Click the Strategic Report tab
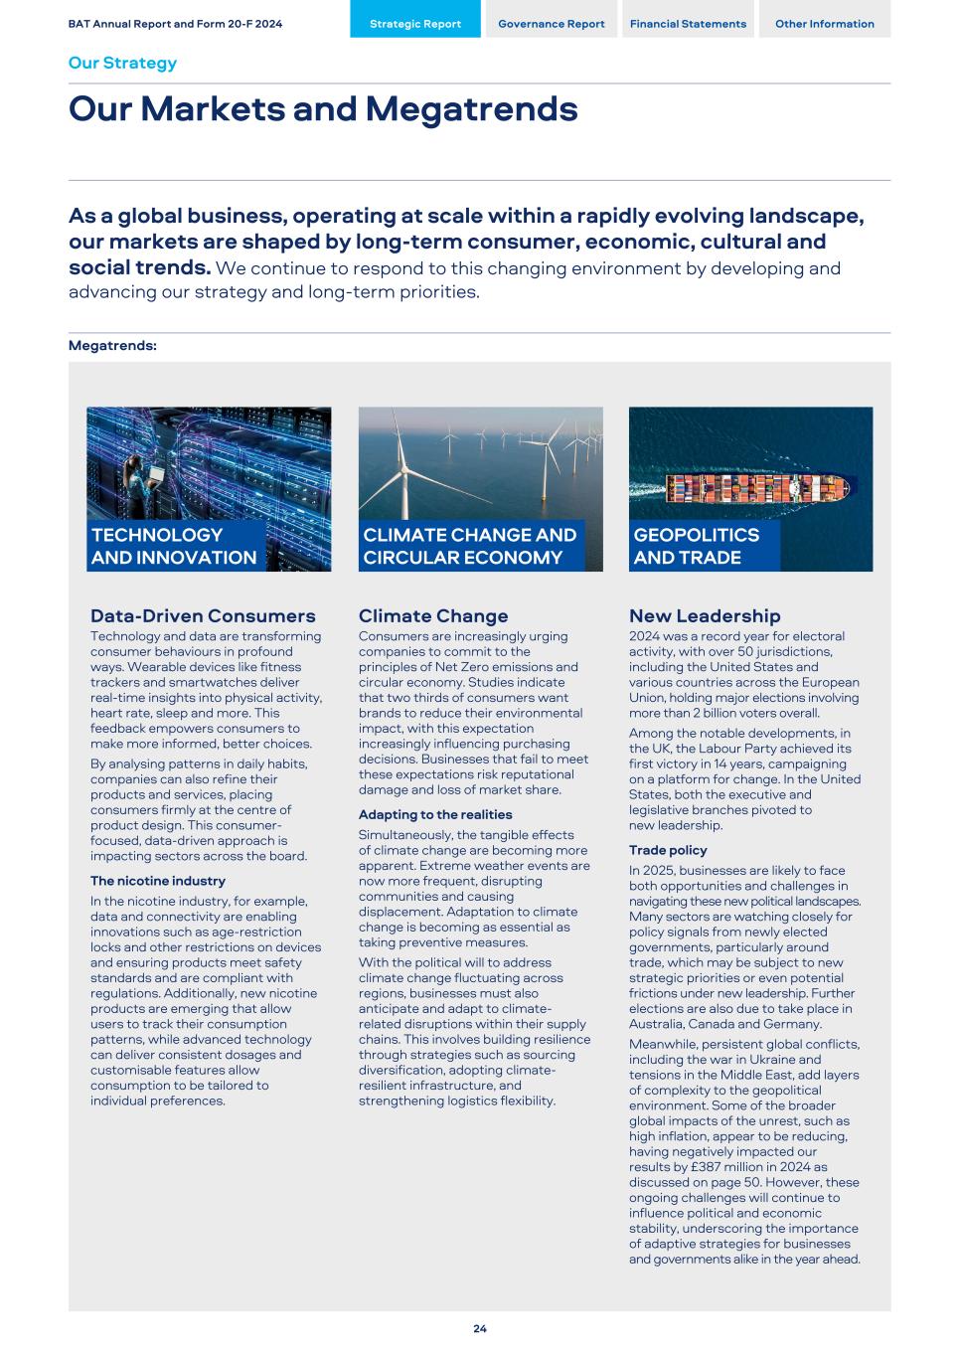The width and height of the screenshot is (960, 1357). click(414, 24)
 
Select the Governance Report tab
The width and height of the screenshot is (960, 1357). click(551, 24)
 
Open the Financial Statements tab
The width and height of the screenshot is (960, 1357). click(688, 24)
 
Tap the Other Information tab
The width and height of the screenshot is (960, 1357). click(824, 24)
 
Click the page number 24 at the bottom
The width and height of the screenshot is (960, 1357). click(480, 1328)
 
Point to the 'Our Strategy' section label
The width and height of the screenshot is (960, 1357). click(122, 63)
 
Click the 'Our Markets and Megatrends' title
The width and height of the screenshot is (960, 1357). click(323, 108)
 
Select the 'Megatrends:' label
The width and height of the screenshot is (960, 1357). click(112, 345)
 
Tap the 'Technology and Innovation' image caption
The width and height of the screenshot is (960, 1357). click(174, 546)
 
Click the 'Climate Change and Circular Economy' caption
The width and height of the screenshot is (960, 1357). click(470, 546)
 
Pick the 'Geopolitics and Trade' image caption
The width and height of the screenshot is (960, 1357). click(697, 546)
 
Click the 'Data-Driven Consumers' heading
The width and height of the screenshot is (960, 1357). click(203, 615)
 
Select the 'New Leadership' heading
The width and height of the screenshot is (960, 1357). click(705, 615)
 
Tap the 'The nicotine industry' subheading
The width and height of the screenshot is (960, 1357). click(158, 881)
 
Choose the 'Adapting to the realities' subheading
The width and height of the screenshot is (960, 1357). click(435, 814)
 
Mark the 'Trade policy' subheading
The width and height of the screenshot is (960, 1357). click(668, 850)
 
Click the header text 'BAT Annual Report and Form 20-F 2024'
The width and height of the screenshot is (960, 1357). click(175, 24)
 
